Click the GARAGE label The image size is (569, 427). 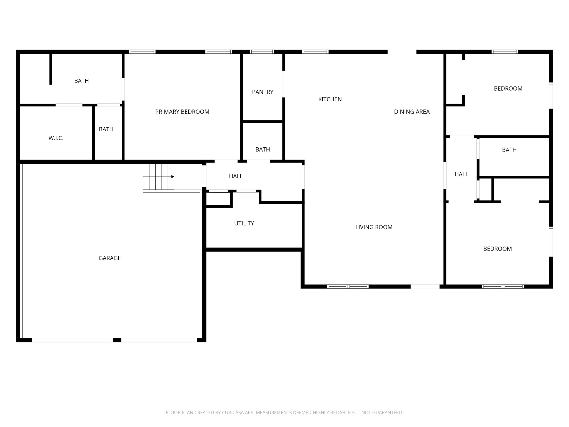109,258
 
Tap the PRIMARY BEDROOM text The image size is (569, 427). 182,112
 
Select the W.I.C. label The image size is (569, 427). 56,138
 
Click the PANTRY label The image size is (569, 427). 262,92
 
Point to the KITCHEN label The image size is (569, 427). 330,99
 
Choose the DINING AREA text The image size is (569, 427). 411,112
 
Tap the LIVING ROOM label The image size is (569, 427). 374,227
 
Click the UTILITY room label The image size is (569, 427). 244,223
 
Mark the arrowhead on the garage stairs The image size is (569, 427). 173,177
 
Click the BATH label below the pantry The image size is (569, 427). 262,150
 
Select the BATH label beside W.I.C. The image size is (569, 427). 106,129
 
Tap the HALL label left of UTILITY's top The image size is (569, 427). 236,176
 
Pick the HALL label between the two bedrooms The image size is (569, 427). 461,174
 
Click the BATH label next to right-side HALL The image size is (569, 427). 509,150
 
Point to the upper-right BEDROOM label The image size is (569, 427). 508,89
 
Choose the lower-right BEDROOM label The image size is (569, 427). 497,249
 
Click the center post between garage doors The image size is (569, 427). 117,340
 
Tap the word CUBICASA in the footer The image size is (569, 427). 233,413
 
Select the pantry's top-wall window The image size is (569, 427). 262,52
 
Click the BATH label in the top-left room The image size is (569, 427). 81,81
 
